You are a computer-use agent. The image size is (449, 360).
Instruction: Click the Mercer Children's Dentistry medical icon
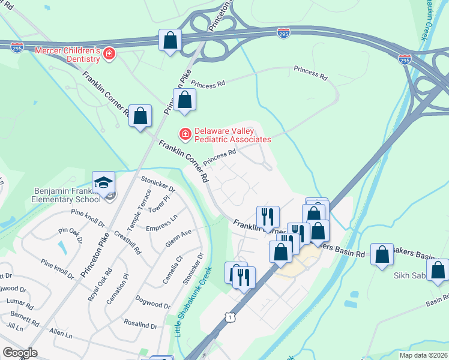[x=109, y=55]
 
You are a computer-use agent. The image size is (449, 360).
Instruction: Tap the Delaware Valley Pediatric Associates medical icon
[x=185, y=133]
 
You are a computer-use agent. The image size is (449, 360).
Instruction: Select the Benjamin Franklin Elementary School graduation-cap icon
[x=103, y=182]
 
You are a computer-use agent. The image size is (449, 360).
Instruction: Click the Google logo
[x=20, y=353]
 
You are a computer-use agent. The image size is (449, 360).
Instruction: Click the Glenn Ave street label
[x=178, y=238]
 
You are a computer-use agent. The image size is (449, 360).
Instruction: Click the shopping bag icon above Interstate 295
[x=170, y=41]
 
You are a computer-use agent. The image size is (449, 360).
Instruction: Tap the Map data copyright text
[x=422, y=355]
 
